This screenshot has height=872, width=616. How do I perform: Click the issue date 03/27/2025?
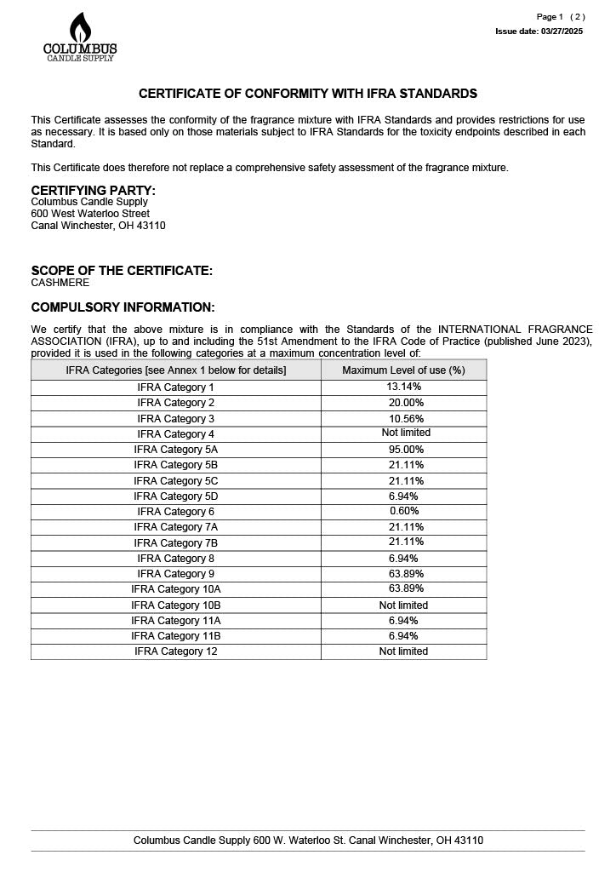(539, 32)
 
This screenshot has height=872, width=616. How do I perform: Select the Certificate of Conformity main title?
(308, 94)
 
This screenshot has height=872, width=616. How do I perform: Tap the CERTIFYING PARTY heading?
(94, 190)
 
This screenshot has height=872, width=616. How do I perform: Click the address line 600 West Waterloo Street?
(90, 214)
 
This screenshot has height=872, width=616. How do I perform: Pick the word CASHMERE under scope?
(60, 283)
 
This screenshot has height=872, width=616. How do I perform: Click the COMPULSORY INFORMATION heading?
(123, 307)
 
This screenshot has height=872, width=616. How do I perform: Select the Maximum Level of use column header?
(403, 370)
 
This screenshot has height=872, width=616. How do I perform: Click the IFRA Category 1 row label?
(176, 387)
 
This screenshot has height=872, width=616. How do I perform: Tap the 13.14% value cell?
(404, 387)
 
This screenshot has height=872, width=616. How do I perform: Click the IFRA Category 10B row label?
(176, 605)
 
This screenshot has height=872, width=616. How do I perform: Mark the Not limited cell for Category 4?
(404, 433)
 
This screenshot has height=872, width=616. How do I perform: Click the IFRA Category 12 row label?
(176, 651)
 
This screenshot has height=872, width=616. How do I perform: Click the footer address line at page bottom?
(308, 840)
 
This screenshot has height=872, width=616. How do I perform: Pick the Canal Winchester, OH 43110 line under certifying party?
(99, 227)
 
